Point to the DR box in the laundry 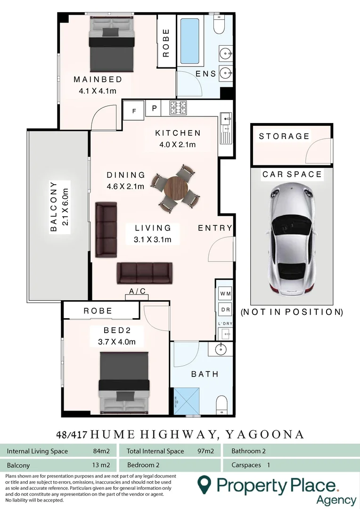(225, 310)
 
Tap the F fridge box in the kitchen (134, 111)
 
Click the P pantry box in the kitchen (154, 108)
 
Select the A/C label (137, 292)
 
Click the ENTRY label (215, 228)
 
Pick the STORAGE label (284, 136)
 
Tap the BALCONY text (53, 206)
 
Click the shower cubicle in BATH (187, 402)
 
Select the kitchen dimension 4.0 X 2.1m (178, 145)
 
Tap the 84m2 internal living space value (101, 451)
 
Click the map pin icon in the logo (204, 484)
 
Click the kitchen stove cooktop (179, 108)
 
